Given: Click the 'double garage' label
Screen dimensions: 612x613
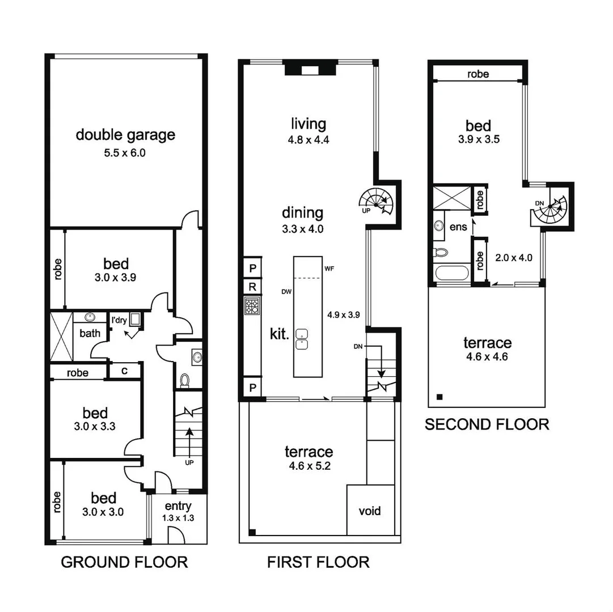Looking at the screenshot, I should click(125, 135).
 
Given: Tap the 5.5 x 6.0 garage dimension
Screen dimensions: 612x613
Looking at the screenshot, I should click(125, 152).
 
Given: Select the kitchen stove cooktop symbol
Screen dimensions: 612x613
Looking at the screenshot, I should click(252, 306).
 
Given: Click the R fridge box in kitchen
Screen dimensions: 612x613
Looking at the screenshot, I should click(252, 287).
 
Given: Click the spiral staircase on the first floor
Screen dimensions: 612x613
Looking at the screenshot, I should click(375, 200).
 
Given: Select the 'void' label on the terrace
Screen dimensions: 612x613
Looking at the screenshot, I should click(370, 511).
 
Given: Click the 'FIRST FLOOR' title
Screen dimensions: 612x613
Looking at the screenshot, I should click(318, 562).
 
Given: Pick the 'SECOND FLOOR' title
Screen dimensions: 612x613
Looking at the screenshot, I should click(487, 424).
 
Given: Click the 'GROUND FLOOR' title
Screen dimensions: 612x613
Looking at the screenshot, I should click(124, 562).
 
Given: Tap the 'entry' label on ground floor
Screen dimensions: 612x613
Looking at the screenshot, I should click(177, 506).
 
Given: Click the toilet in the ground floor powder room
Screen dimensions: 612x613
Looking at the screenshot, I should click(184, 379).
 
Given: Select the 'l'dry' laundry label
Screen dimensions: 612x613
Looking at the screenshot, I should click(119, 320).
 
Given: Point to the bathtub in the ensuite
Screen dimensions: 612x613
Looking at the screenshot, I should click(451, 273).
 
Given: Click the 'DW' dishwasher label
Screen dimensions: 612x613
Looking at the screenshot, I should click(286, 292).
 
